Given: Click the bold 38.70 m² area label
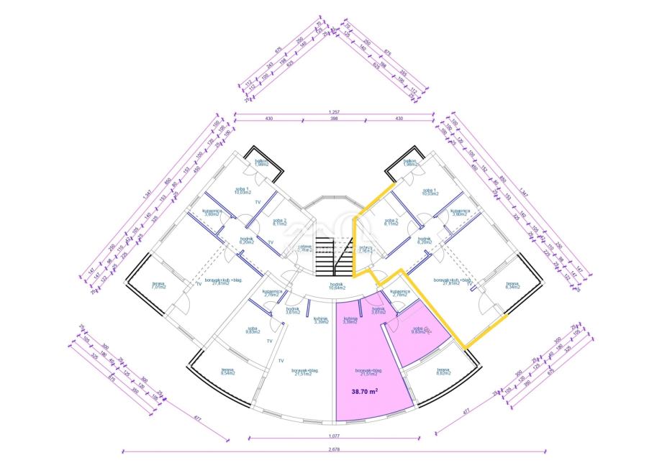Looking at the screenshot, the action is (x=365, y=392).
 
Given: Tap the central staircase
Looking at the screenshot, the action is (x=337, y=255).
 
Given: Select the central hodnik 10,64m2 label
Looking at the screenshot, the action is (x=337, y=286).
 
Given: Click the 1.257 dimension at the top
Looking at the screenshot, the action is (x=334, y=111).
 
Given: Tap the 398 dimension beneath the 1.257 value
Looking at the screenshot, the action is (x=334, y=119).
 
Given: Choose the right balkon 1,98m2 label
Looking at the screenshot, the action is (x=410, y=162).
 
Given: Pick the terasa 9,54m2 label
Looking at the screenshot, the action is (x=228, y=372).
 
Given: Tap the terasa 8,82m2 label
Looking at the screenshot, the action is (x=443, y=372).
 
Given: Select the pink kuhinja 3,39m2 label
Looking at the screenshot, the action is (x=350, y=320).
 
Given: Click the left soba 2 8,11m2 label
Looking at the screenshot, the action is (x=280, y=222).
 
